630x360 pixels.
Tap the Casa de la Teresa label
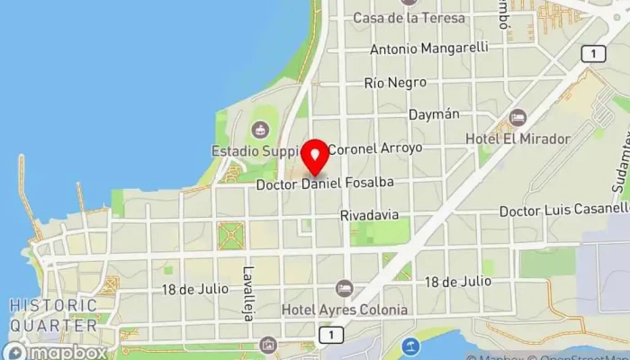click(x=409, y=18)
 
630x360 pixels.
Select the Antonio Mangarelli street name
click(x=428, y=48)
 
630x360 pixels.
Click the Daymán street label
click(x=434, y=115)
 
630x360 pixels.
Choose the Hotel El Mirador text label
click(x=517, y=139)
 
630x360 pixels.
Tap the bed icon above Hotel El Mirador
click(x=517, y=118)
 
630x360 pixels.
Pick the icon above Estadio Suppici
click(x=262, y=130)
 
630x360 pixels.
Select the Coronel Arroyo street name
click(x=374, y=148)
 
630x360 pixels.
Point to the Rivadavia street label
click(x=370, y=216)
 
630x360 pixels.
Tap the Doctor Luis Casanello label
click(x=564, y=210)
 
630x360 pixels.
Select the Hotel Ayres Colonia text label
click(x=345, y=310)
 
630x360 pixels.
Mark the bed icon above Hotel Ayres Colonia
click(x=344, y=288)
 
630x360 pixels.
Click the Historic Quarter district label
click(x=54, y=315)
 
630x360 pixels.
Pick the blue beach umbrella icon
click(x=410, y=345)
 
